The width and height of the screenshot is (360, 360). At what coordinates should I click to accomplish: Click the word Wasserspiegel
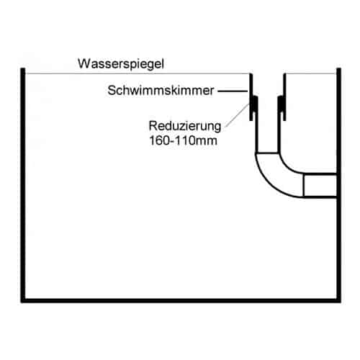(x=121, y=64)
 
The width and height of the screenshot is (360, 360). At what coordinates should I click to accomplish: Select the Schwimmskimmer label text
(x=161, y=91)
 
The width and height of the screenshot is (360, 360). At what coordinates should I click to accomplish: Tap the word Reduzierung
(x=185, y=127)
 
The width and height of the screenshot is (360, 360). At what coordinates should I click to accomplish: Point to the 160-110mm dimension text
(x=183, y=140)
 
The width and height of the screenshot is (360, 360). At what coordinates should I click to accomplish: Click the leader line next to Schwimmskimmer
(x=233, y=91)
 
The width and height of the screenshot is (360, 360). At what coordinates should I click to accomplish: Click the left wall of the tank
(x=23, y=185)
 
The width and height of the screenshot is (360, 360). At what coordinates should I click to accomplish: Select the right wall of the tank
(x=338, y=185)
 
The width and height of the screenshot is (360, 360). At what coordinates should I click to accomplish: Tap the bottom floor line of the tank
(x=181, y=300)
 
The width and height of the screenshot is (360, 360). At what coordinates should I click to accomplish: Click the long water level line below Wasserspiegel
(x=138, y=73)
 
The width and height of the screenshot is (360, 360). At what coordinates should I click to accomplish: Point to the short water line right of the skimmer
(x=311, y=73)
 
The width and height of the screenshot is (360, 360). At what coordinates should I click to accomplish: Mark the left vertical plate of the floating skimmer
(x=251, y=97)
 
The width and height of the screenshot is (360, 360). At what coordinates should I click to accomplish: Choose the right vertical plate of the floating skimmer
(x=284, y=97)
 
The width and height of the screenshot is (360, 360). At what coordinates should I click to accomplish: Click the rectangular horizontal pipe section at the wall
(x=320, y=186)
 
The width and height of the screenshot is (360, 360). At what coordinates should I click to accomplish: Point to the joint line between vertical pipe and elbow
(x=267, y=153)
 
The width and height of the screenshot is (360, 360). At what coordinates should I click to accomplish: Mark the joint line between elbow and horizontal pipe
(x=304, y=186)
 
